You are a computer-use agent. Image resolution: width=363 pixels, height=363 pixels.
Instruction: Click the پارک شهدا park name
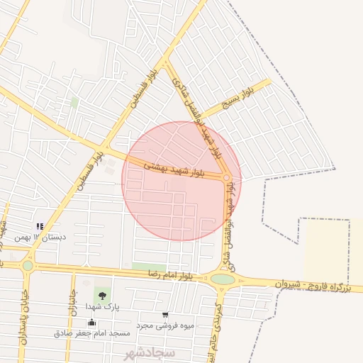(x=103, y=306)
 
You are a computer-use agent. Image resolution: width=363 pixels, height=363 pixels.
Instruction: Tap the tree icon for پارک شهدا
(x=103, y=294)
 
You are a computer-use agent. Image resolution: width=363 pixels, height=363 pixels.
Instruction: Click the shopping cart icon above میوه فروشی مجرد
(x=165, y=315)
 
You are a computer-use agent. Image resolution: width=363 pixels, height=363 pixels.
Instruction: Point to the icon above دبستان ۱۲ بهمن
(x=40, y=226)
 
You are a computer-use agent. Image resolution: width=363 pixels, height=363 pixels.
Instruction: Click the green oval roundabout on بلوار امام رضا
(x=223, y=279)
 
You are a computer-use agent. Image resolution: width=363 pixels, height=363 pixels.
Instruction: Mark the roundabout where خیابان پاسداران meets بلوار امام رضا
(x=28, y=265)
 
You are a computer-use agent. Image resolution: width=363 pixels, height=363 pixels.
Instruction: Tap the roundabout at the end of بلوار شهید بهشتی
(x=227, y=178)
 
